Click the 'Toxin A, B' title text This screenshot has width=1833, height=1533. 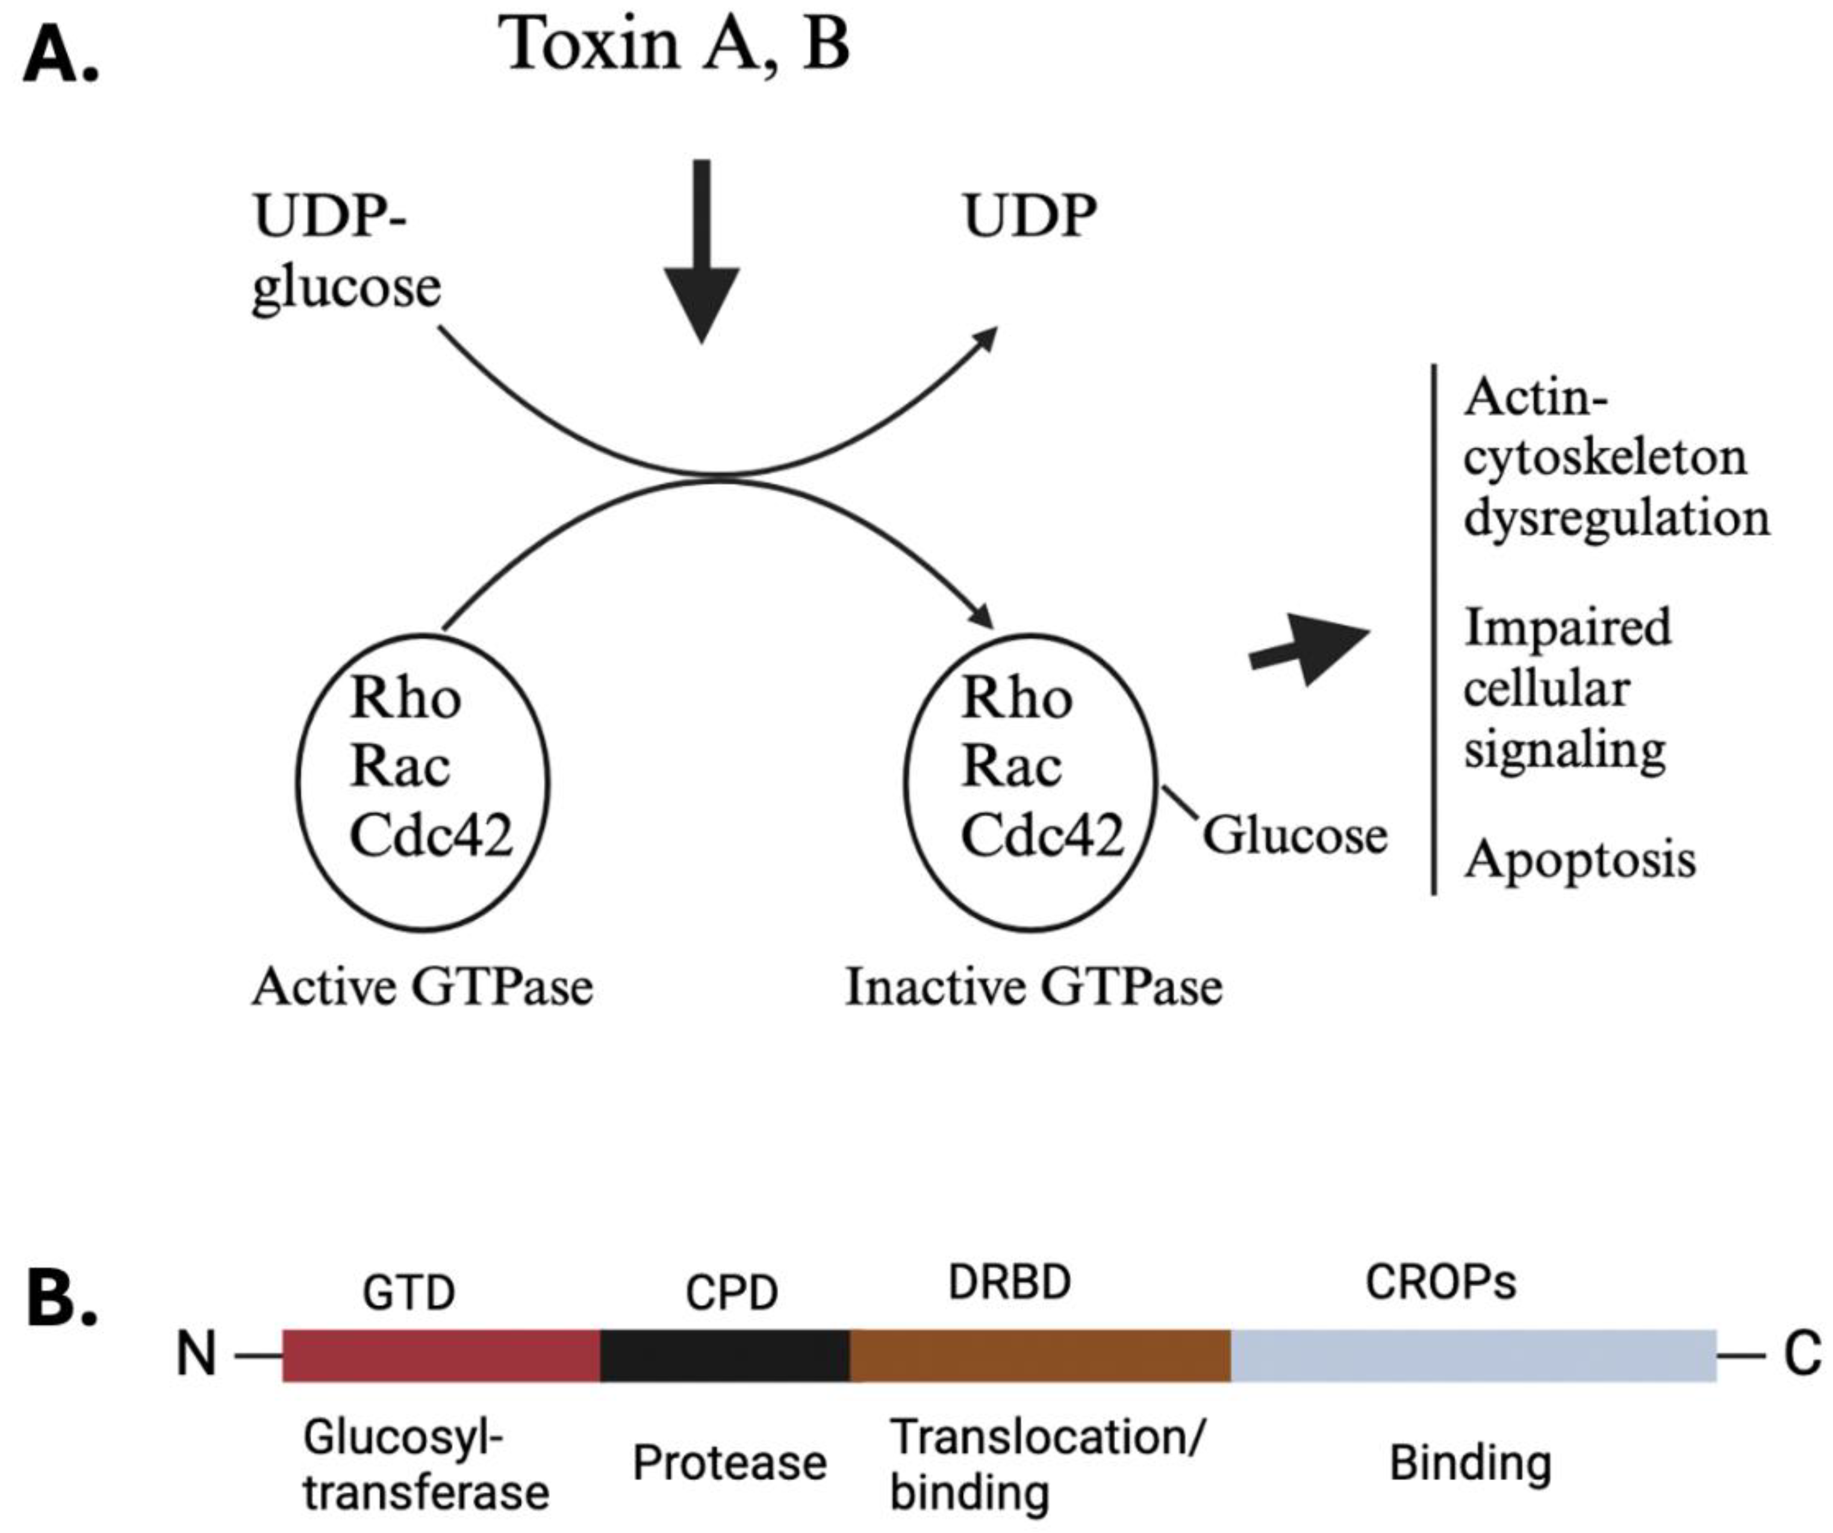pyautogui.click(x=673, y=43)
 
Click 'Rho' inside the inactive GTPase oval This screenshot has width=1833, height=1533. pyautogui.click(x=1016, y=698)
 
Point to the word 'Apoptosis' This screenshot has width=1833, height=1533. pyautogui.click(x=1580, y=859)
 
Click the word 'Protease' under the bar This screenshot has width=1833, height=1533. pyautogui.click(x=729, y=1463)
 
